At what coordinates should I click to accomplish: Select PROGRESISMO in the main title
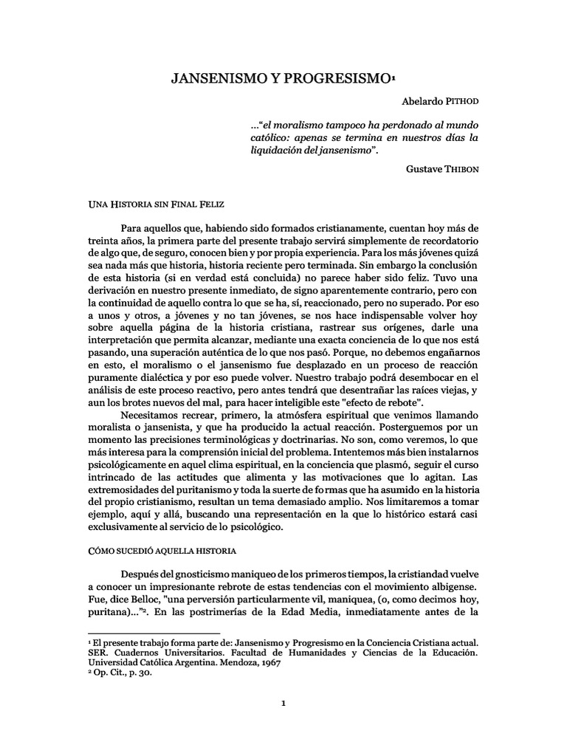pos(337,78)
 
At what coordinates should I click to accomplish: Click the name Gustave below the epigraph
pos(425,168)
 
